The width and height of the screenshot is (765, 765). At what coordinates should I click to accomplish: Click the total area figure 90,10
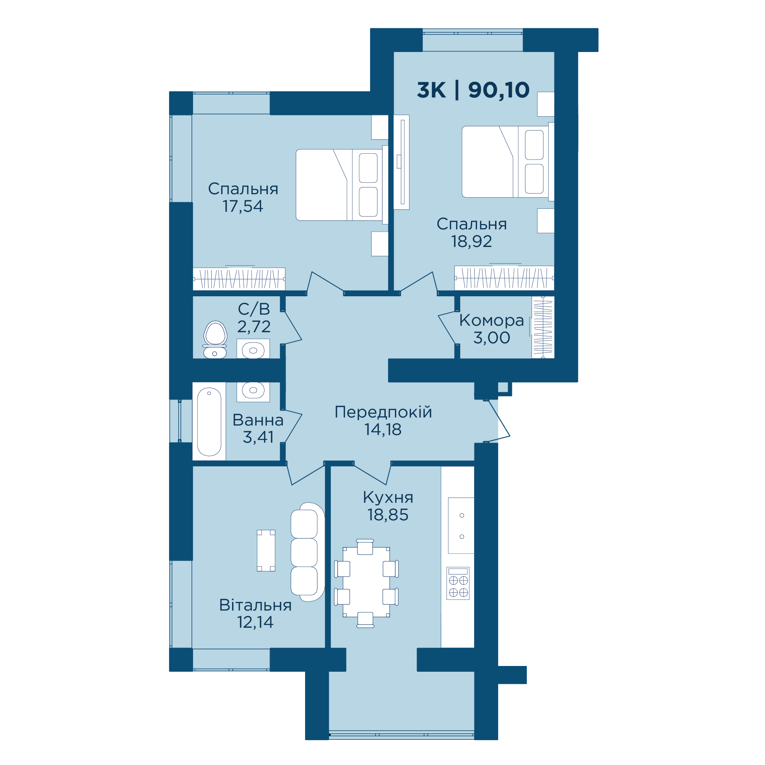tap(499, 90)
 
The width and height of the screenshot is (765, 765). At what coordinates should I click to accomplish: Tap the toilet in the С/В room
tap(215, 339)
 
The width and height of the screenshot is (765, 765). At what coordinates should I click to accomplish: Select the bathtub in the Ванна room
tap(209, 422)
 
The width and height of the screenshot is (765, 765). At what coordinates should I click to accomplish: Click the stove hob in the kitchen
tap(458, 583)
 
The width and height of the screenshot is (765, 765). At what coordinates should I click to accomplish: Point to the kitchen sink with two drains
tap(461, 525)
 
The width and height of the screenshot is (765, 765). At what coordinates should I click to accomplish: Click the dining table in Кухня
tap(366, 582)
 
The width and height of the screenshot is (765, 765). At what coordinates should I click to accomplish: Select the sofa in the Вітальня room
tap(308, 552)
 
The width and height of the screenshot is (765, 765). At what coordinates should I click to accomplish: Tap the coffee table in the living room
tap(266, 551)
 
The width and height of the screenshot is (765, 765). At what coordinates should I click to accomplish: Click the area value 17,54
tap(243, 206)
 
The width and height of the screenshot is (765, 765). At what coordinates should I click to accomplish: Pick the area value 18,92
tap(472, 242)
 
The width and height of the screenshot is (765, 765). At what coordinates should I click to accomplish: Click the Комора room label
tap(491, 320)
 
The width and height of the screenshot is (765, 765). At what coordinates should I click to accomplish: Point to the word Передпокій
tap(383, 412)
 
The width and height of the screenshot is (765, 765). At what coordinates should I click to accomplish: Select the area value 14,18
tap(383, 430)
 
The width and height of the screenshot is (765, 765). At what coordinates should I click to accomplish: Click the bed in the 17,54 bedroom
tap(342, 185)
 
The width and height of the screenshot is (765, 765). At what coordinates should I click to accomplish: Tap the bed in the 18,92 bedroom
tap(508, 162)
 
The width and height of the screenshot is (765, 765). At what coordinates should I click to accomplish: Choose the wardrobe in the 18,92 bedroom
tap(504, 278)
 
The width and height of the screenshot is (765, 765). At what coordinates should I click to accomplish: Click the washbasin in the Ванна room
tap(253, 391)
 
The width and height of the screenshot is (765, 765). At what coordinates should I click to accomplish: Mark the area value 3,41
tap(258, 437)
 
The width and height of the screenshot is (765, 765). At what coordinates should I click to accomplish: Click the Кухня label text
tap(388, 497)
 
